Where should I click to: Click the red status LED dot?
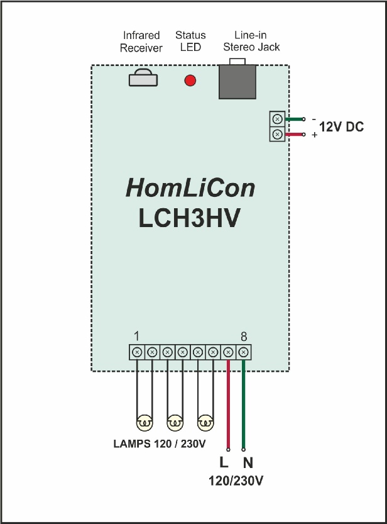pyautogui.click(x=190, y=81)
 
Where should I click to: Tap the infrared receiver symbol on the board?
pyautogui.click(x=143, y=77)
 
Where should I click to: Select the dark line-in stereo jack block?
pyautogui.click(x=237, y=79)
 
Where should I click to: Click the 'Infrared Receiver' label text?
pyautogui.click(x=141, y=42)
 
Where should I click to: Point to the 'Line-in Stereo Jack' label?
pyautogui.click(x=251, y=41)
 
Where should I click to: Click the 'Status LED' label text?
pyautogui.click(x=190, y=41)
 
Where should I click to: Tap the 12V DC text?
pyautogui.click(x=341, y=127)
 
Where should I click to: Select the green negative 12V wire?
pyautogui.click(x=295, y=119)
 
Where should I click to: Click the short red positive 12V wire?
pyautogui.click(x=295, y=135)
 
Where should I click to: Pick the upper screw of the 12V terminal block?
pyautogui.click(x=277, y=119)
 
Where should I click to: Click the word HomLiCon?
pyautogui.click(x=190, y=188)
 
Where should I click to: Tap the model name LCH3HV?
pyautogui.click(x=189, y=218)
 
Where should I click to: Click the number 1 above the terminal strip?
pyautogui.click(x=136, y=336)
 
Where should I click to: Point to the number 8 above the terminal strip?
pyautogui.click(x=244, y=337)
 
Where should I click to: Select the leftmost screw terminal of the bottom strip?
pyautogui.click(x=137, y=352)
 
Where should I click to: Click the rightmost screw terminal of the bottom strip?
pyautogui.click(x=244, y=352)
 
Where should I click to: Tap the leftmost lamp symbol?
pyautogui.click(x=144, y=423)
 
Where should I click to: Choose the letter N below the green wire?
pyautogui.click(x=248, y=463)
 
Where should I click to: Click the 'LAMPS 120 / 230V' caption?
pyautogui.click(x=160, y=444)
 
